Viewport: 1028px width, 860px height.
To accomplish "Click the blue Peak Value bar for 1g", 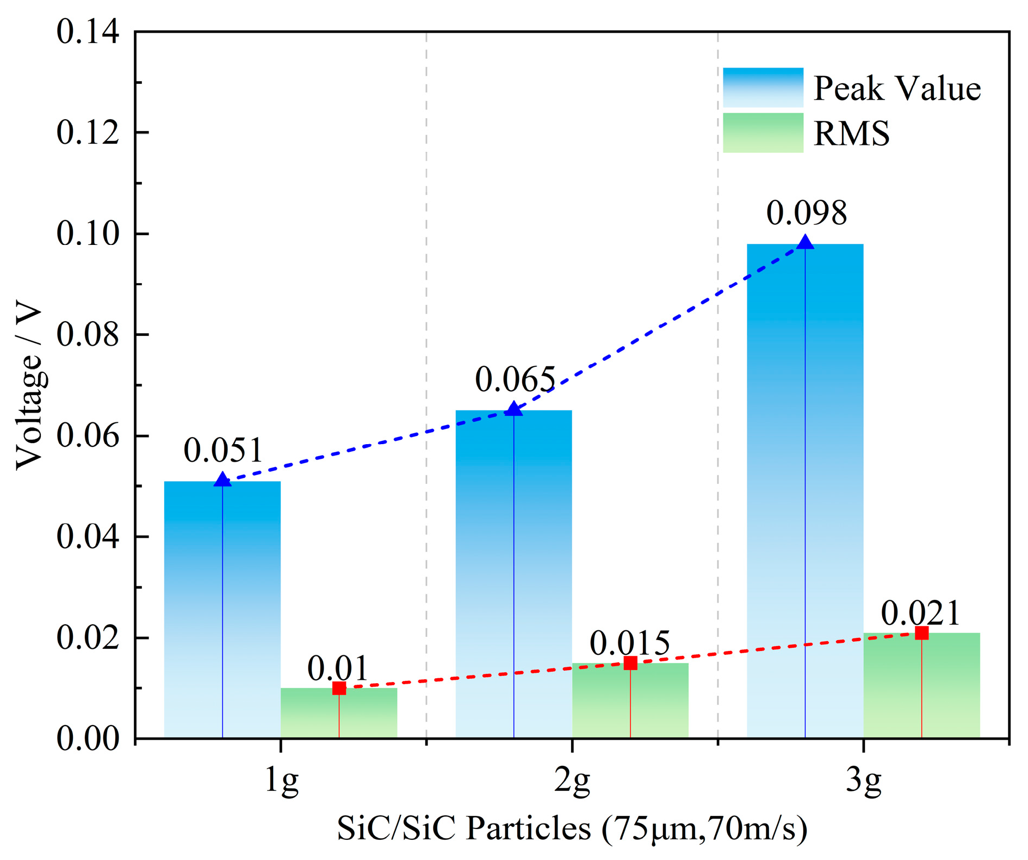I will [x=222, y=610].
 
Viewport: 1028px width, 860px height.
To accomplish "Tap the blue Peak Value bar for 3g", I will [x=804, y=490].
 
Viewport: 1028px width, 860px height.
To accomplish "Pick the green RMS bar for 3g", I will [x=921, y=686].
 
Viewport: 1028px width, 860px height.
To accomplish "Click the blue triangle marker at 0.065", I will [x=513, y=409].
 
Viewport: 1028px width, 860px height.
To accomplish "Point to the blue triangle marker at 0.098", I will [x=805, y=243].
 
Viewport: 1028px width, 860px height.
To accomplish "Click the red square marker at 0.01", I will [x=339, y=689].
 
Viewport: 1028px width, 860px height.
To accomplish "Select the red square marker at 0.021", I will [x=921, y=633].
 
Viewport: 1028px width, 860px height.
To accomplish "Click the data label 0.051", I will [x=223, y=451].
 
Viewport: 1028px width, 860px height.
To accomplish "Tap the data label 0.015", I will [x=630, y=644].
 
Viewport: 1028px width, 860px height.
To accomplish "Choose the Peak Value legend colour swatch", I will [x=763, y=87].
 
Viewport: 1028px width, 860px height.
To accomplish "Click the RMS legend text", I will [x=851, y=133].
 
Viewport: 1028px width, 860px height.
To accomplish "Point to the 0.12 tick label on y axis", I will [x=88, y=133].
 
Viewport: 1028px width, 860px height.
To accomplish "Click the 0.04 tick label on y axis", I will [x=88, y=537].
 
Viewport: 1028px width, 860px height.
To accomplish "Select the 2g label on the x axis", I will [x=572, y=782].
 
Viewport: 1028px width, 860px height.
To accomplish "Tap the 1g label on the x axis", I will [x=281, y=782].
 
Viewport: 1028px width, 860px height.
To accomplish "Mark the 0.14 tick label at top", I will [x=88, y=32].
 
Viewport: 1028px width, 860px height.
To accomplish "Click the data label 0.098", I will [x=807, y=213].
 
